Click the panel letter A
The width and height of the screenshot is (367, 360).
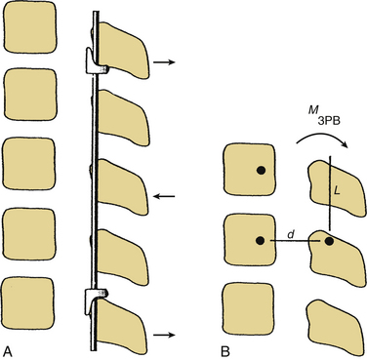(x=8, y=351)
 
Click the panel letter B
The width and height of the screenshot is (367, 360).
(x=224, y=351)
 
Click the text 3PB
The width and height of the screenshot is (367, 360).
(x=328, y=122)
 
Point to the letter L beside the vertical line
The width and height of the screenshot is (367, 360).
(x=337, y=191)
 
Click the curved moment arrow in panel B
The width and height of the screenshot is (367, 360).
(x=322, y=139)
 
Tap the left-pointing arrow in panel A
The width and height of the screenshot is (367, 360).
(x=164, y=196)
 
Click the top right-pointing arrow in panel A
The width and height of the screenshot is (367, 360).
(x=164, y=61)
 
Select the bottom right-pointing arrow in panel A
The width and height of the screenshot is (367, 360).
(x=164, y=335)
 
